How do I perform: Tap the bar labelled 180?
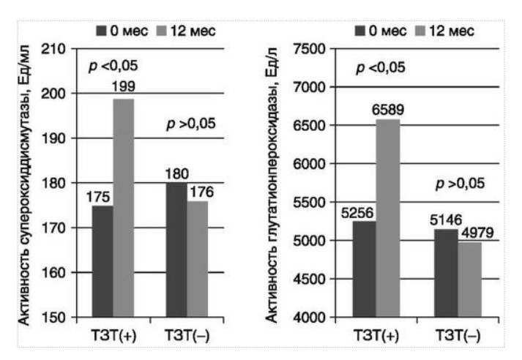[x=176, y=250]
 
